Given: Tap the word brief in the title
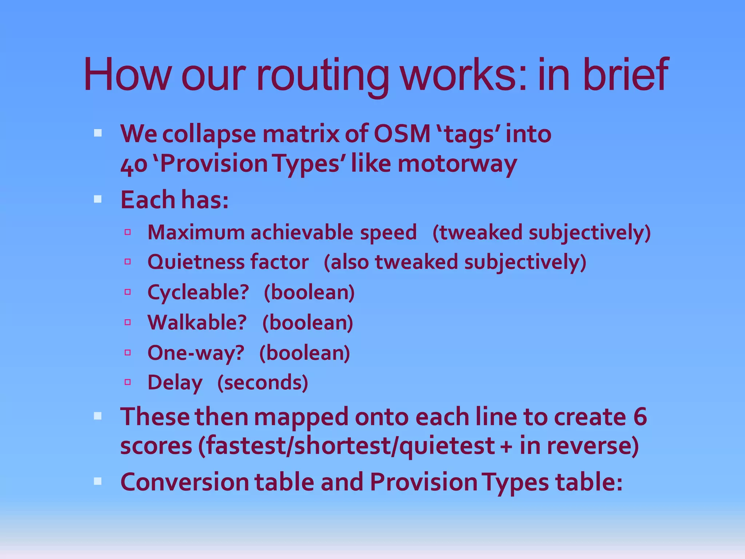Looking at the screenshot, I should coord(625,75).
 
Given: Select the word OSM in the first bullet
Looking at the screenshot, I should coord(402,134).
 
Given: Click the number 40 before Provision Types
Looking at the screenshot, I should coord(134,164).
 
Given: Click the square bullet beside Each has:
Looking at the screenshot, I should coord(97,199).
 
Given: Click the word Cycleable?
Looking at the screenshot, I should coord(198,292).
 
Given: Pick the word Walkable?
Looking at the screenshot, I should coord(197,322).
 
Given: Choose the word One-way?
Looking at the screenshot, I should coord(196,353).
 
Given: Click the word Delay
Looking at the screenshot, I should coord(175,383).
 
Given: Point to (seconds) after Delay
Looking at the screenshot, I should coord(263,383).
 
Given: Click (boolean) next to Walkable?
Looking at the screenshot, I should coord(308,322).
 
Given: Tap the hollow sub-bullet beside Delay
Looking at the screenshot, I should coord(127,382).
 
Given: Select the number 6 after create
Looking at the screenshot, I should coord(640,417).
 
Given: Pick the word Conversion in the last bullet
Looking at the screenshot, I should coord(184,482).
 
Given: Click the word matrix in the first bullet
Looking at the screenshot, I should coord(300,134).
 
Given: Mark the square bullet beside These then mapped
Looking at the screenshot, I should coord(97,416).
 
